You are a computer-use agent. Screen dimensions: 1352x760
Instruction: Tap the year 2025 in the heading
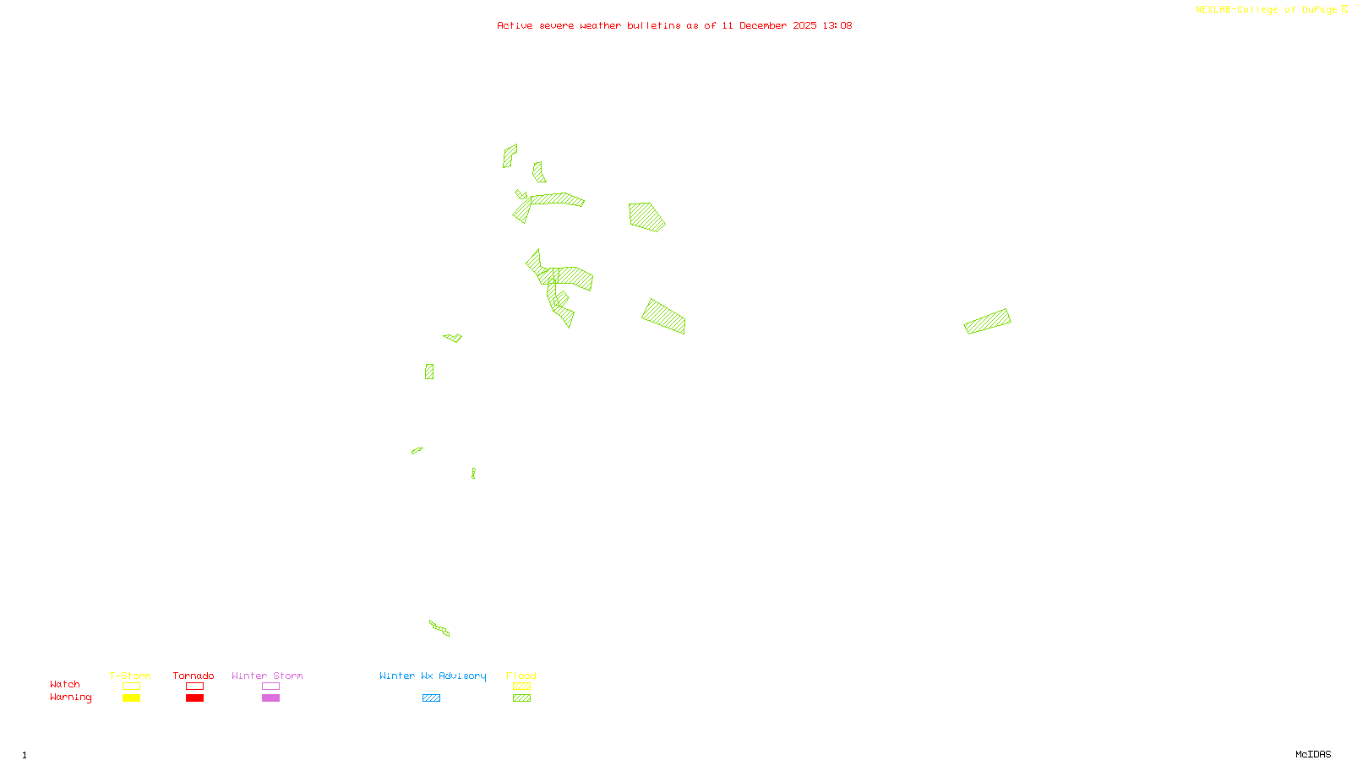coord(804,25)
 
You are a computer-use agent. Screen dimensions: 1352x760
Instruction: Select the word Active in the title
coord(515,25)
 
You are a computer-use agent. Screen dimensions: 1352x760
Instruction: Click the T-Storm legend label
coord(130,676)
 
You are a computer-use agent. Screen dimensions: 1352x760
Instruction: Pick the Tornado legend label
coord(194,676)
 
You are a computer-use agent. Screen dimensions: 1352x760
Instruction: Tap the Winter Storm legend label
coord(267,676)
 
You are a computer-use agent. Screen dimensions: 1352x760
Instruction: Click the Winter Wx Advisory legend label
coord(433,676)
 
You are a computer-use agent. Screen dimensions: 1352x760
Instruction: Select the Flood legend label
coord(521,676)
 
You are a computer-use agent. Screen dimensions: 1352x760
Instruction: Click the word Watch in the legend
coord(65,684)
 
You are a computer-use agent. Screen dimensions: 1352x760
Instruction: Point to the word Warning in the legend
coord(70,698)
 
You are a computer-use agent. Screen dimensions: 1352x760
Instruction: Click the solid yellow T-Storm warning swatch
coord(131,698)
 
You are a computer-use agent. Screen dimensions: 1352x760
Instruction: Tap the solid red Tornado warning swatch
coord(194,698)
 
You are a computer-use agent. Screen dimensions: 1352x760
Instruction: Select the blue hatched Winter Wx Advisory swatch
coord(431,698)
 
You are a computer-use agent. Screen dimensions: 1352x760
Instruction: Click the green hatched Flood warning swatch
coord(521,698)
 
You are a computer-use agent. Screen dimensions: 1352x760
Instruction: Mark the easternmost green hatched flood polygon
coord(987,321)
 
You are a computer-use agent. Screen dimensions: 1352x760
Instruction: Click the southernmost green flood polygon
coord(439,627)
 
